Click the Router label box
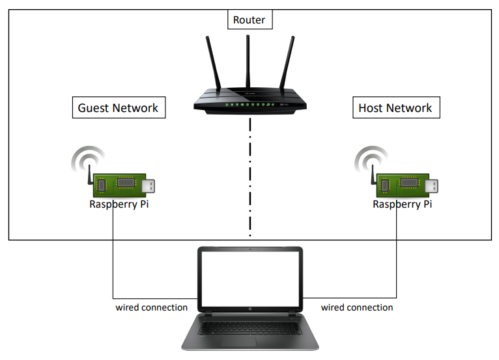(x=249, y=20)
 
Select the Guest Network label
(x=118, y=107)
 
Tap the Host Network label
(x=395, y=107)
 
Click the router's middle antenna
(x=248, y=62)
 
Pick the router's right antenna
(x=285, y=65)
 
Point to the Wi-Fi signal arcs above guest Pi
(x=87, y=158)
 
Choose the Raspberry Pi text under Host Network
(x=402, y=204)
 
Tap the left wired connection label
(x=152, y=307)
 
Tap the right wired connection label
(x=357, y=307)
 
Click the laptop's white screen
(x=250, y=279)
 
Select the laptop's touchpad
(x=250, y=342)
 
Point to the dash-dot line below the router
(x=249, y=176)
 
